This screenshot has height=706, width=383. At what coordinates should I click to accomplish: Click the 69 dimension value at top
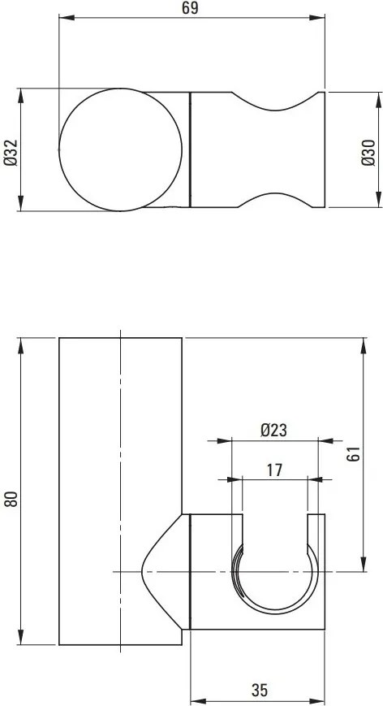191,9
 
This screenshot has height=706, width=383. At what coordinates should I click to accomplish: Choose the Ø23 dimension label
274,431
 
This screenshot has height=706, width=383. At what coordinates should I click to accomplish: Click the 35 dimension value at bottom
259,691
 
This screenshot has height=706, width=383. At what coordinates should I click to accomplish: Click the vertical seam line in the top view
190,150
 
